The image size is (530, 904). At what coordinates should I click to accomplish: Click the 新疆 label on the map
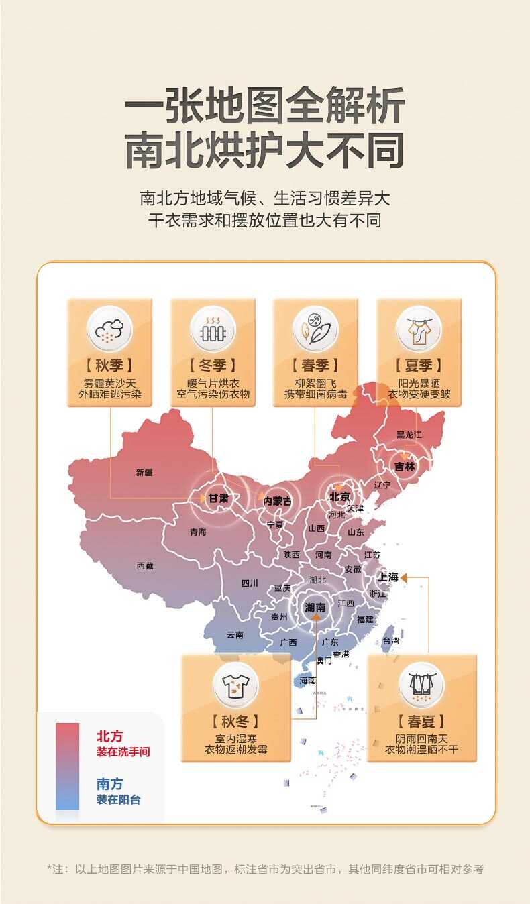(x=144, y=473)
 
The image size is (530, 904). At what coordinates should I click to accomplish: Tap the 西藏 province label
(x=145, y=566)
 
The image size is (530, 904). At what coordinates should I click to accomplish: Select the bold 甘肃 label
(x=218, y=498)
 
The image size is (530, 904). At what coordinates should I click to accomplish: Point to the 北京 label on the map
(x=339, y=497)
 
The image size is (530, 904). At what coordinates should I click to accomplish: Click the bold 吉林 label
(x=405, y=467)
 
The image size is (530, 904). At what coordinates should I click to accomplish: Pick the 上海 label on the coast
(x=388, y=577)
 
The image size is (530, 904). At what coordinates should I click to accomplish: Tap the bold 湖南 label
(x=315, y=608)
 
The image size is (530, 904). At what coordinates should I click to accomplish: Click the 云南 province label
(x=235, y=634)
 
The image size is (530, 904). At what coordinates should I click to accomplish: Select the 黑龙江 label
(x=409, y=435)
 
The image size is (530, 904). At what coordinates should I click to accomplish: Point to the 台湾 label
(x=390, y=640)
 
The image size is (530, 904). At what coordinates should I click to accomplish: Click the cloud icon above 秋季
(x=109, y=329)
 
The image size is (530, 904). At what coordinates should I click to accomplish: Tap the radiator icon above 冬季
(x=213, y=329)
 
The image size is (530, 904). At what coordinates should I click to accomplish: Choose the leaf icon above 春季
(x=315, y=329)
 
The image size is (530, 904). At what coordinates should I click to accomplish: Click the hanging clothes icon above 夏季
(x=419, y=329)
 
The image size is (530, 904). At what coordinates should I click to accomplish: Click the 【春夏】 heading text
(x=421, y=722)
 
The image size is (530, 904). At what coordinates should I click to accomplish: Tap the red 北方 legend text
(x=110, y=736)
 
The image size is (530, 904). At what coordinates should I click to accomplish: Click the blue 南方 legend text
(x=110, y=784)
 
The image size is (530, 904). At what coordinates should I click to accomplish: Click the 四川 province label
(x=250, y=583)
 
